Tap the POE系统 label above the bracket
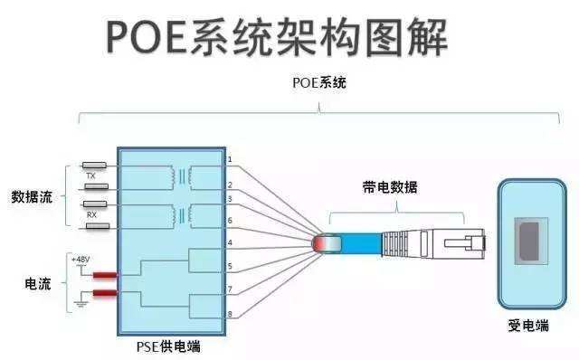tap(319, 82)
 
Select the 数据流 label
tap(32, 196)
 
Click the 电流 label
tap(37, 284)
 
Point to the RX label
tap(91, 215)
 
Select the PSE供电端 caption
tap(170, 345)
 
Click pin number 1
tap(230, 160)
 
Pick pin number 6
tap(230, 221)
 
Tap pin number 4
tap(230, 243)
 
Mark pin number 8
tap(230, 314)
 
